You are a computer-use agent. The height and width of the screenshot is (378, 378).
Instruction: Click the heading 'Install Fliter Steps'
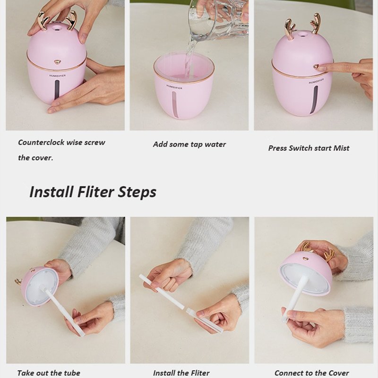pos(93,192)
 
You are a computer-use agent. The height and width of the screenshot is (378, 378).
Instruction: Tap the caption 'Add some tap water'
pos(189,144)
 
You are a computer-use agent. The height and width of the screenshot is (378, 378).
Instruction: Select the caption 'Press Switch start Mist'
pos(309,148)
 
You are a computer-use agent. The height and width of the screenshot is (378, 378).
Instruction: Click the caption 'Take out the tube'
pos(49,373)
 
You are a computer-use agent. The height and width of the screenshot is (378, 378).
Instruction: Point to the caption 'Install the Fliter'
pos(181,373)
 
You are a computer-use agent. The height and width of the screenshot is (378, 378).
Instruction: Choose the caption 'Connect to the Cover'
pos(311,373)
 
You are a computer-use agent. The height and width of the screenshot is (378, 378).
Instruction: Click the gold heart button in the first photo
pos(57,62)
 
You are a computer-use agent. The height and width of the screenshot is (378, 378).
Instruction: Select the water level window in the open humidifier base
pos(175,104)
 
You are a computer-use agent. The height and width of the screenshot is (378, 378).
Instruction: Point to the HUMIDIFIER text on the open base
pos(174,87)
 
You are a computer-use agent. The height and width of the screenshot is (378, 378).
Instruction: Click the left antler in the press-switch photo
pos(290,29)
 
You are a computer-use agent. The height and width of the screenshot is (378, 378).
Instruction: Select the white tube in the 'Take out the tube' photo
pos(64,312)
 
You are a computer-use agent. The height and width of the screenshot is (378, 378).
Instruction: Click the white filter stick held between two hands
pos(180,302)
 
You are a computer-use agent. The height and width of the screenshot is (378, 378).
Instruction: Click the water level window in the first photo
pos(57,89)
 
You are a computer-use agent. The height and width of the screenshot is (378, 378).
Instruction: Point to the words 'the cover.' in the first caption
pos(35,158)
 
